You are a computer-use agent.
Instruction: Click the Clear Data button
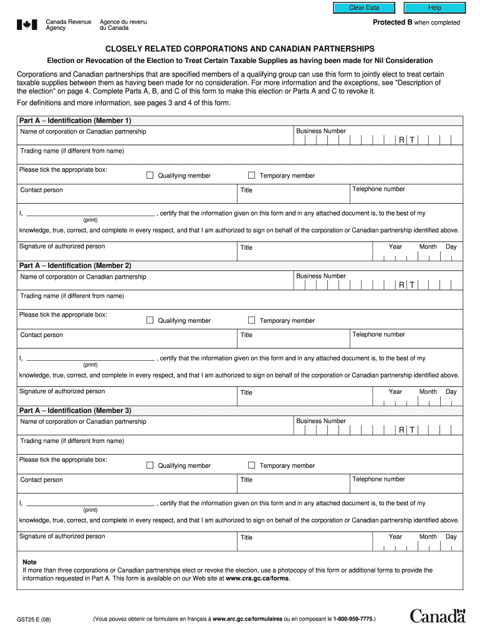[364, 7]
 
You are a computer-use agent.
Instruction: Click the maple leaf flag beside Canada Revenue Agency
[27, 25]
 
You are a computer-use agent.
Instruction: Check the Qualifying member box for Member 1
[150, 175]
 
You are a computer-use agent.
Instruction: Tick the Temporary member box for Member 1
[252, 175]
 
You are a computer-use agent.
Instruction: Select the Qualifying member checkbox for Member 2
[150, 320]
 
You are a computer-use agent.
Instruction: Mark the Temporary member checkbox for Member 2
[252, 320]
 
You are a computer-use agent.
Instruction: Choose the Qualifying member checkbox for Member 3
[150, 465]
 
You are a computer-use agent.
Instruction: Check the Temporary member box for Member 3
[252, 465]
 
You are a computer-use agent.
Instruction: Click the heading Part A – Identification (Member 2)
[75, 265]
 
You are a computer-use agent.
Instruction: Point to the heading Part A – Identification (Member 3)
[75, 411]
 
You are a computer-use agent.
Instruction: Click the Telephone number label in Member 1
[378, 189]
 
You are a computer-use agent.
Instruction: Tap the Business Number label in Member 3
[321, 421]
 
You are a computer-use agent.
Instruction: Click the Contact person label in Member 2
[42, 335]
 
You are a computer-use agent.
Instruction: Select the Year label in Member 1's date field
[395, 247]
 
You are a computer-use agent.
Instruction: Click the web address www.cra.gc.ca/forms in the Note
[257, 578]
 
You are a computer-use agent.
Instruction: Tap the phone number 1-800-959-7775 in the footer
[353, 619]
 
